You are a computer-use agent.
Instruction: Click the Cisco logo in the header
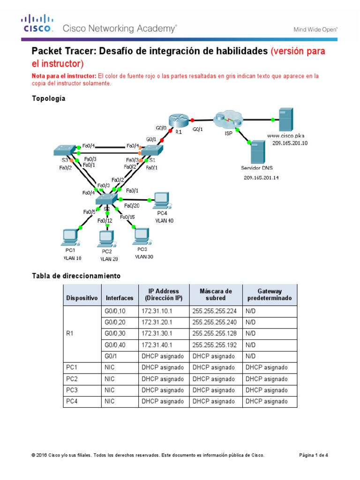coord(37,24)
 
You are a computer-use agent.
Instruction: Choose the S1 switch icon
coord(151,150)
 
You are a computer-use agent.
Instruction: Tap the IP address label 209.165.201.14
coord(261,178)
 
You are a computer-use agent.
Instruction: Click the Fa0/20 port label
coord(132,205)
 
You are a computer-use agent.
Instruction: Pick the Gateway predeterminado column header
coord(269,294)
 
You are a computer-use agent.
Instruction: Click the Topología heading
coord(48,98)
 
